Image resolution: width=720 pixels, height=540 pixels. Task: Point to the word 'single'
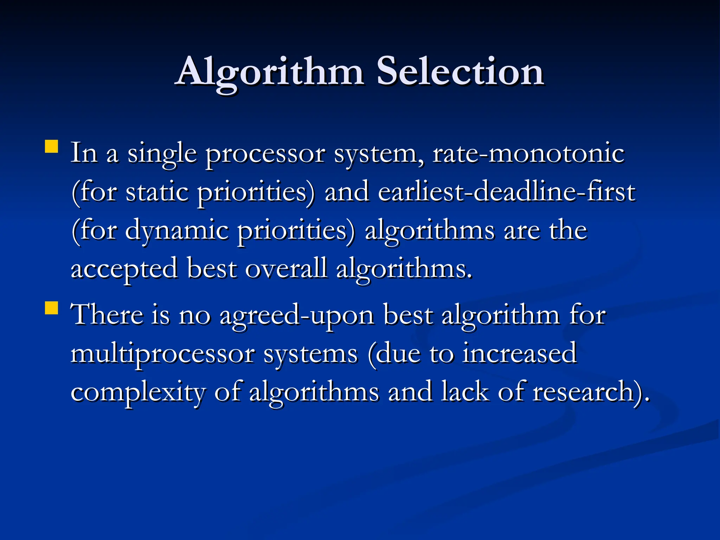click(x=162, y=155)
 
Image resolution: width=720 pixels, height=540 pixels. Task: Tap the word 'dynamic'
click(x=176, y=232)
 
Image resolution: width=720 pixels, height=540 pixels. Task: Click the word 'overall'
click(x=286, y=269)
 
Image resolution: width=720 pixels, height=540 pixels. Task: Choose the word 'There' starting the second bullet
click(x=107, y=314)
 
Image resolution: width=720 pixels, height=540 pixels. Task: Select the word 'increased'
click(x=519, y=353)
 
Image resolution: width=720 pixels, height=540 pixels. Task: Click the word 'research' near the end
click(x=583, y=392)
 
